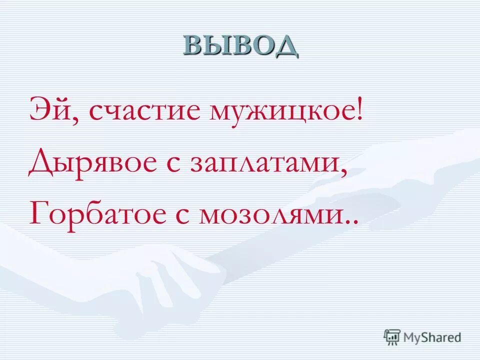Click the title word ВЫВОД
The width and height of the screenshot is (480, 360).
click(240, 45)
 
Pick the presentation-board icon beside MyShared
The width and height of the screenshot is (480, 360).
click(392, 337)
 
